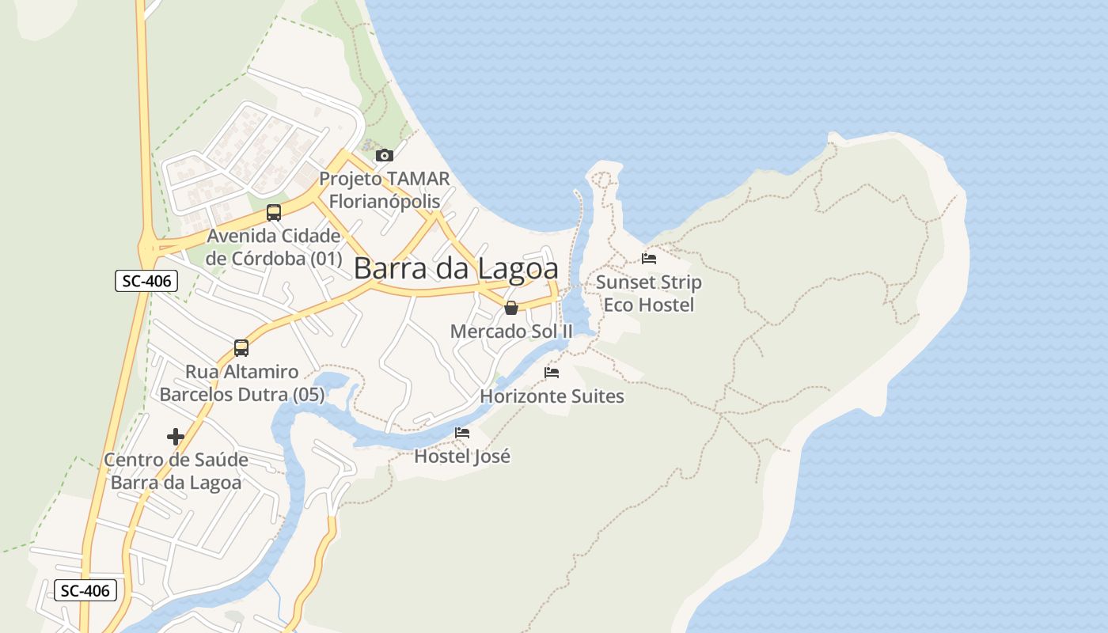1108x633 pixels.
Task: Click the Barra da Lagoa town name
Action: click(x=456, y=268)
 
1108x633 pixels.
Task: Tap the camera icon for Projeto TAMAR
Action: click(x=385, y=155)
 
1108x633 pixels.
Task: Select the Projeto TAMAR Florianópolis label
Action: click(x=385, y=190)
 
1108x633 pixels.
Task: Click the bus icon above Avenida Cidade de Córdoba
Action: click(x=274, y=212)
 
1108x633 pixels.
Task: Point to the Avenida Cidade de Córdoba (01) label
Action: click(x=274, y=247)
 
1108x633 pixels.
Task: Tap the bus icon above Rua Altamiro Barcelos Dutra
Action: click(x=241, y=348)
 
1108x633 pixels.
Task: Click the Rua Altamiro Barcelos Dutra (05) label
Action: click(x=242, y=383)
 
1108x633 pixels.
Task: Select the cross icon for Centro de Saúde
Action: click(x=176, y=437)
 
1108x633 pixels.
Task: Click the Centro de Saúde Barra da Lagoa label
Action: click(x=176, y=472)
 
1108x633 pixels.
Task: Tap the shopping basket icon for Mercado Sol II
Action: click(x=511, y=308)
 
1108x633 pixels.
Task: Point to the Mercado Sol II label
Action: click(x=511, y=332)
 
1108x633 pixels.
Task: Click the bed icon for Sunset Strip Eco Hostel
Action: click(x=649, y=258)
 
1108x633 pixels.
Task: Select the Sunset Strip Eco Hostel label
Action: click(x=649, y=294)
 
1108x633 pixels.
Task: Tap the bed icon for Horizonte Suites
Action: click(x=552, y=373)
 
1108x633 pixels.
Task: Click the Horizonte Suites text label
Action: click(x=552, y=396)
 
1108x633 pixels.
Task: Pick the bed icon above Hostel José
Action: click(x=462, y=433)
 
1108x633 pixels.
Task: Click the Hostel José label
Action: click(x=462, y=457)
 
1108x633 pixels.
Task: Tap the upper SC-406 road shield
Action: click(x=146, y=281)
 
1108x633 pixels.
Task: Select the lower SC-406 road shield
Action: click(x=85, y=590)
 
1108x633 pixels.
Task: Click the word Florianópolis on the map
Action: click(x=385, y=201)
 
